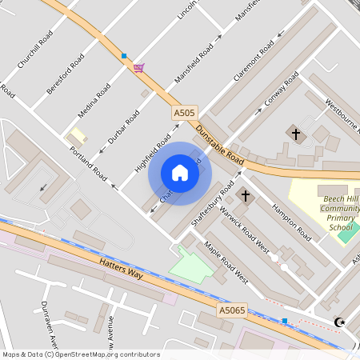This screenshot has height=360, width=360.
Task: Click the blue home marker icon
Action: (x=179, y=172)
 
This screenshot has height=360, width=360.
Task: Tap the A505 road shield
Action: (x=184, y=114)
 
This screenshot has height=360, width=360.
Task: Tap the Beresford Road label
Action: (x=66, y=74)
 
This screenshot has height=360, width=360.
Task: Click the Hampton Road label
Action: (x=291, y=221)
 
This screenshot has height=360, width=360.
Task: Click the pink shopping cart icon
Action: (x=139, y=68)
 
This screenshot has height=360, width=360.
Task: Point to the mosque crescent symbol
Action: (x=339, y=322)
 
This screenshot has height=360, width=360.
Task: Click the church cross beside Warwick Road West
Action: (x=246, y=195)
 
